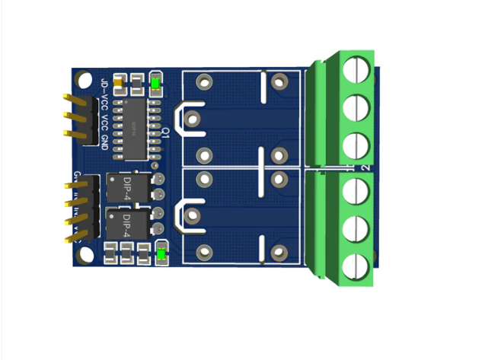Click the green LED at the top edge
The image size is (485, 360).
(x=156, y=82)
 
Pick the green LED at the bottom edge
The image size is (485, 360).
(x=161, y=253)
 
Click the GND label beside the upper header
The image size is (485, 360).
(x=104, y=139)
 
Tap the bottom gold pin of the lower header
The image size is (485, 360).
(x=75, y=238)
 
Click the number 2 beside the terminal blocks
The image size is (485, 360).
(x=366, y=167)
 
